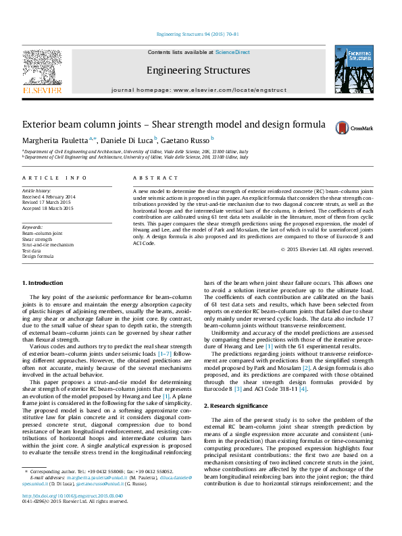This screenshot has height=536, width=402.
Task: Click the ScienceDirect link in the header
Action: pyautogui.click(x=232, y=52)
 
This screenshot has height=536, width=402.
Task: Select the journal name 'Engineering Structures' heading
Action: pyautogui.click(x=198, y=70)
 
